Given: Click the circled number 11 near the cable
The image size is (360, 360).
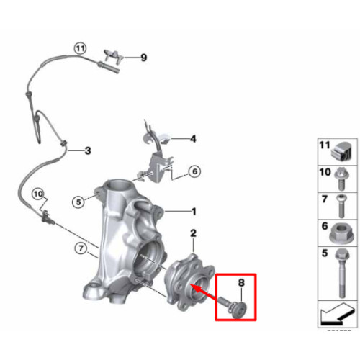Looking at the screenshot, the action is pyautogui.click(x=80, y=49).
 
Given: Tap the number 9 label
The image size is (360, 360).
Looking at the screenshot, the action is pyautogui.click(x=143, y=58).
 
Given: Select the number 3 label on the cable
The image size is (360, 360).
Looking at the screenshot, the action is pyautogui.click(x=88, y=150).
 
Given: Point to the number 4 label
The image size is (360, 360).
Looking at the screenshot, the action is pyautogui.click(x=193, y=139).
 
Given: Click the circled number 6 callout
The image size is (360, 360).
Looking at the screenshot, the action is pyautogui.click(x=194, y=171).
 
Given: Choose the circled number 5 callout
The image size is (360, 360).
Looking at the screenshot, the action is pyautogui.click(x=78, y=202).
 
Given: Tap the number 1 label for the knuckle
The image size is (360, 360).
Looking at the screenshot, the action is pyautogui.click(x=194, y=212).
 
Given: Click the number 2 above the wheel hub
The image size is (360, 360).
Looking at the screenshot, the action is pyautogui.click(x=193, y=233).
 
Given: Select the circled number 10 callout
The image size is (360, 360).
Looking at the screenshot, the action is pyautogui.click(x=38, y=194).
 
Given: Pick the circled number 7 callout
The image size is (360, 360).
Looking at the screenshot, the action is pyautogui.click(x=81, y=248).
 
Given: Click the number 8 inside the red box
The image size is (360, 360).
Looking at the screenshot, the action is pyautogui.click(x=241, y=282).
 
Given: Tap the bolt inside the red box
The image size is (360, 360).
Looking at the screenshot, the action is pyautogui.click(x=233, y=307).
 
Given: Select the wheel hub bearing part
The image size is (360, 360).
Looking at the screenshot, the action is pyautogui.click(x=189, y=282).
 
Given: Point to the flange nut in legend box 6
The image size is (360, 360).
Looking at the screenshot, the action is pyautogui.click(x=339, y=233).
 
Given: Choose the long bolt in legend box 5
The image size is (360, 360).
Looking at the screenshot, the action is pyautogui.click(x=343, y=273).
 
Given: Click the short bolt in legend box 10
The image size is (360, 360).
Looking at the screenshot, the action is pyautogui.click(x=341, y=179).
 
